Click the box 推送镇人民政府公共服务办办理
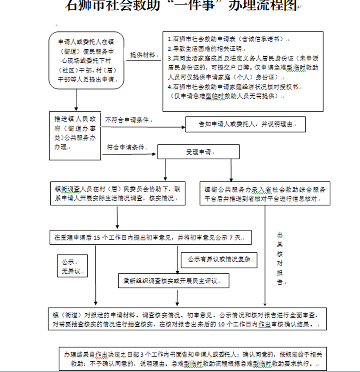click(75, 136)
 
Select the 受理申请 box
click(198, 152)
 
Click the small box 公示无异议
click(72, 267)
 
